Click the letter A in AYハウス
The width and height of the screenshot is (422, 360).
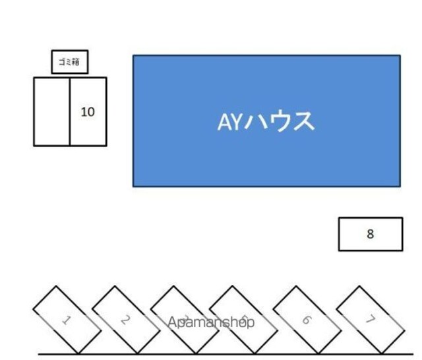pyautogui.click(x=224, y=122)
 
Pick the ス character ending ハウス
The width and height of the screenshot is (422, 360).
pyautogui.click(x=303, y=122)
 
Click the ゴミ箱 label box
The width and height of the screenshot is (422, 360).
pyautogui.click(x=70, y=62)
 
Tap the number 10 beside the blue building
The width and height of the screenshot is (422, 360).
pyautogui.click(x=88, y=112)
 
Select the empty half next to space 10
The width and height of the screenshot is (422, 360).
pyautogui.click(x=52, y=111)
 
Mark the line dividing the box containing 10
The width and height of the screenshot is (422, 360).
pyautogui.click(x=70, y=111)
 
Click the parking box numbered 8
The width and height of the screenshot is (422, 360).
pyautogui.click(x=371, y=234)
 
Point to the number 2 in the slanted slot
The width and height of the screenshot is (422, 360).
pyautogui.click(x=125, y=320)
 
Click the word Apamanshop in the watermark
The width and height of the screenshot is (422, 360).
pyautogui.click(x=211, y=322)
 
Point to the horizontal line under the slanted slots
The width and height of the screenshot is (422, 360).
pyautogui.click(x=224, y=354)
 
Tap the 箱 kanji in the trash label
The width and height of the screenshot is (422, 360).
pyautogui.click(x=76, y=62)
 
